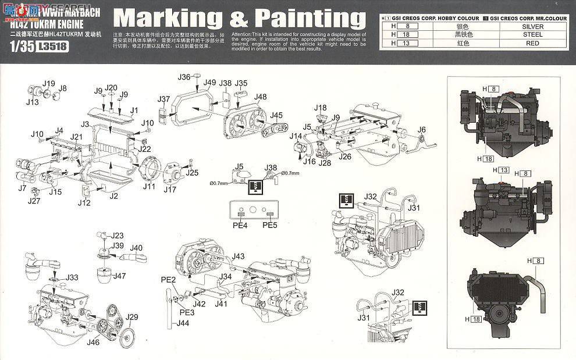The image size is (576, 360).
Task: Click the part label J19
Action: (x=49, y=83)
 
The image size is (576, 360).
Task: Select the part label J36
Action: (x=184, y=77)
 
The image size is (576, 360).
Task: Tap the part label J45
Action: (x=276, y=115)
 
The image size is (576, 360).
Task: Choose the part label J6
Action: (x=422, y=129)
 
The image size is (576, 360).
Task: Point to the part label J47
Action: (x=120, y=276)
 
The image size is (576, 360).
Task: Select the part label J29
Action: (x=132, y=316)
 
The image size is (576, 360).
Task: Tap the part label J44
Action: (x=183, y=323)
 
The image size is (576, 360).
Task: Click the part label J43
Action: (x=238, y=256)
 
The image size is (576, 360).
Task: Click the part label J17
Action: (x=169, y=189)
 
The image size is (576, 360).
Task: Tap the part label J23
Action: (x=117, y=236)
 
